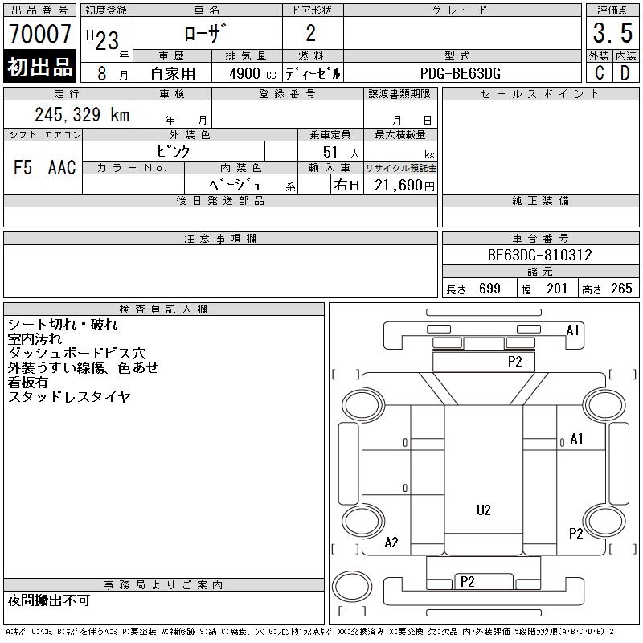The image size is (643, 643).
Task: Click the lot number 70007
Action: pos(40,34)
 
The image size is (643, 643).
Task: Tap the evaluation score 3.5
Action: pos(611,35)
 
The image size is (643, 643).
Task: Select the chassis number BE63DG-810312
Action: pos(540,256)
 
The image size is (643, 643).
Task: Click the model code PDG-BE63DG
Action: pos(461,73)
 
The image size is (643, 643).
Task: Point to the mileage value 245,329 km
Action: pos(82,115)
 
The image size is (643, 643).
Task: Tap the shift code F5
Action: pos(23,168)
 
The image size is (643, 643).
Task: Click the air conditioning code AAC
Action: pos(62,168)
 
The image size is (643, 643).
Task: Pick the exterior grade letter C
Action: pos(600,73)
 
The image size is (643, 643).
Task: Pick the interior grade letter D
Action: pos(625,73)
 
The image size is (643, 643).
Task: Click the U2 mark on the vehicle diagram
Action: pos(483,510)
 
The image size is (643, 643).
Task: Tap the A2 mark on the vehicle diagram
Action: pos(391,543)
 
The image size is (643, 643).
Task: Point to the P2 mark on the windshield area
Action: pos(514,362)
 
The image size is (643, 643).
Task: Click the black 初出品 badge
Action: pos(40,68)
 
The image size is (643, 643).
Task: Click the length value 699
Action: pos(489,289)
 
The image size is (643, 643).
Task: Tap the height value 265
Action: pos(621,289)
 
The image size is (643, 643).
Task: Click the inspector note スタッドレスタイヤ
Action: pos(69,396)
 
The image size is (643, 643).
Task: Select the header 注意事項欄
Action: pos(220,239)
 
